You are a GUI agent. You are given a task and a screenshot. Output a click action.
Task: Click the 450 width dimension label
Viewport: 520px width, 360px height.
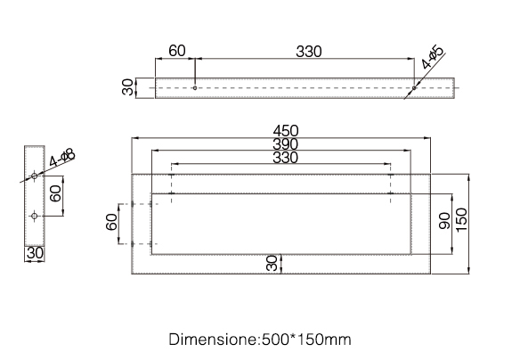(286, 131)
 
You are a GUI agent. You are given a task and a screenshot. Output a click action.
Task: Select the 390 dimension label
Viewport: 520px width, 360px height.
(286, 144)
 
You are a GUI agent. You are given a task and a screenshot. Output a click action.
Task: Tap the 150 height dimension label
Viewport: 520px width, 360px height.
(461, 220)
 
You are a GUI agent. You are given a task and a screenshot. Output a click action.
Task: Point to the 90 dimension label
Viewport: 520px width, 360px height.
(444, 221)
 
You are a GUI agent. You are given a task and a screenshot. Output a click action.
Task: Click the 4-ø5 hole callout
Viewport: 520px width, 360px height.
(433, 57)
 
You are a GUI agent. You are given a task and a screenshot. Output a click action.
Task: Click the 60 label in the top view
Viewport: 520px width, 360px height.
(177, 51)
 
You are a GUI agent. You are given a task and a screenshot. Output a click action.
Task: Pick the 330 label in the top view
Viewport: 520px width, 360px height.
(309, 52)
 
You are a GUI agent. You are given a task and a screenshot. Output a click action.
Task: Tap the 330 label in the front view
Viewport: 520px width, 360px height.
(286, 158)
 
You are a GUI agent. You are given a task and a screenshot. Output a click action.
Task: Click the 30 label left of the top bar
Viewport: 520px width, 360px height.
(127, 87)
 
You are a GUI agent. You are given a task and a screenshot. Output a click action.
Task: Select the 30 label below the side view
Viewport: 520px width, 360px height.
(35, 253)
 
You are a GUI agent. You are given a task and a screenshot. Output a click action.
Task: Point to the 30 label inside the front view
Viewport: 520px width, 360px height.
(272, 263)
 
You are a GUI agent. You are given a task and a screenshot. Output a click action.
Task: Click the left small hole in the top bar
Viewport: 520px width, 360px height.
(195, 88)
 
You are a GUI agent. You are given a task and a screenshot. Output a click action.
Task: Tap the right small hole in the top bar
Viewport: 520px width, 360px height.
(414, 88)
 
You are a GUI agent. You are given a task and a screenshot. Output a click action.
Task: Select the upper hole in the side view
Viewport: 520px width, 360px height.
(34, 176)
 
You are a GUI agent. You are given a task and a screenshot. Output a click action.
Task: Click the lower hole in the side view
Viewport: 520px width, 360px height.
(34, 216)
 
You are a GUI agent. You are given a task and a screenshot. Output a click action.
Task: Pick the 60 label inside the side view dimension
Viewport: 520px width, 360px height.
(55, 193)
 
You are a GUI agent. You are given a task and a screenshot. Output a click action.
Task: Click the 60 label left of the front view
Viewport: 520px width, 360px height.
(111, 222)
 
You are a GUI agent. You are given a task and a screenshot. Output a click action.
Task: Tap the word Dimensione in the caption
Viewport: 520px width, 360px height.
(213, 340)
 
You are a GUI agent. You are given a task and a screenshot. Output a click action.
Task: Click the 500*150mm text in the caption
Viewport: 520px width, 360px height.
(306, 340)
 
